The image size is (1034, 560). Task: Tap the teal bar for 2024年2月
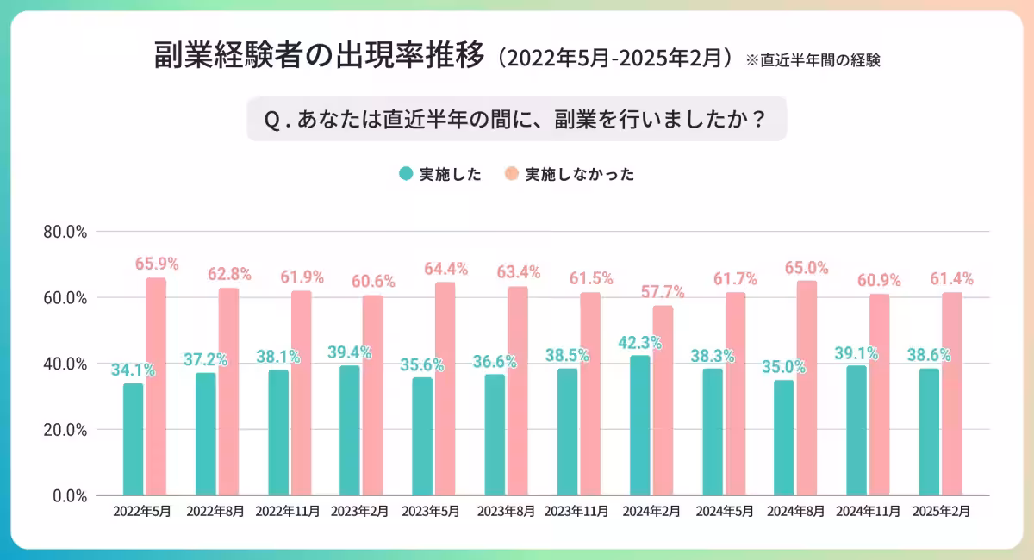(x=639, y=426)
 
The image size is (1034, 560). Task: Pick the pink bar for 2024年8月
(x=807, y=388)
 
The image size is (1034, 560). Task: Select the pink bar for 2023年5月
(x=445, y=389)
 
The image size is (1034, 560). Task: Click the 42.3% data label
(x=639, y=342)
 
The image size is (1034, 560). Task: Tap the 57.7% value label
(x=663, y=292)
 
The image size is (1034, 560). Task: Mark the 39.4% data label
(x=349, y=352)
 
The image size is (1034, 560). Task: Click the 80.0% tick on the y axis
(x=65, y=232)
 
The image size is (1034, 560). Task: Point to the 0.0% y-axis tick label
(x=69, y=495)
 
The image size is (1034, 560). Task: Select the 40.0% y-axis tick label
(x=65, y=364)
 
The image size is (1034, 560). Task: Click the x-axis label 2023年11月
(x=577, y=511)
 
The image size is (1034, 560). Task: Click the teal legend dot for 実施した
(x=406, y=174)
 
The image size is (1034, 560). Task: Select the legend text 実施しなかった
(x=579, y=174)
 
